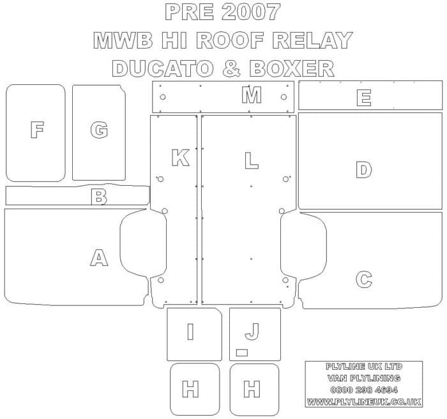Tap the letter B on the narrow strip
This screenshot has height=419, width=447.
(99, 197)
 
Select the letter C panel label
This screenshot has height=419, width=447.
(364, 280)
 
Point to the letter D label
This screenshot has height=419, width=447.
(364, 170)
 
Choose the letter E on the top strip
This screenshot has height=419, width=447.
(364, 98)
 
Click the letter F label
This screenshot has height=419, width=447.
(37, 130)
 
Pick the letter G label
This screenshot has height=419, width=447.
(99, 130)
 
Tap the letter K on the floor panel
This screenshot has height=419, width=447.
(181, 158)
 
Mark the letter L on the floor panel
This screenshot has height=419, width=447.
(252, 160)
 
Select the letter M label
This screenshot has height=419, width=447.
(252, 95)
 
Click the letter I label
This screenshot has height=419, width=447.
(190, 331)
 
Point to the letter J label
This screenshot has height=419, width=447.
(252, 331)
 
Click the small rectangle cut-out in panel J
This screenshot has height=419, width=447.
(242, 353)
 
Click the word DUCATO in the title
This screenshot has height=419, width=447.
(163, 68)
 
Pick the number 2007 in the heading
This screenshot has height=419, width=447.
(251, 12)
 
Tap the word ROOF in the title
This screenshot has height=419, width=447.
(229, 40)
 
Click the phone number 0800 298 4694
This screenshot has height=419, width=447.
(364, 390)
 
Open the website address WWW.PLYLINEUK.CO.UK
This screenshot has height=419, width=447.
(364, 402)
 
